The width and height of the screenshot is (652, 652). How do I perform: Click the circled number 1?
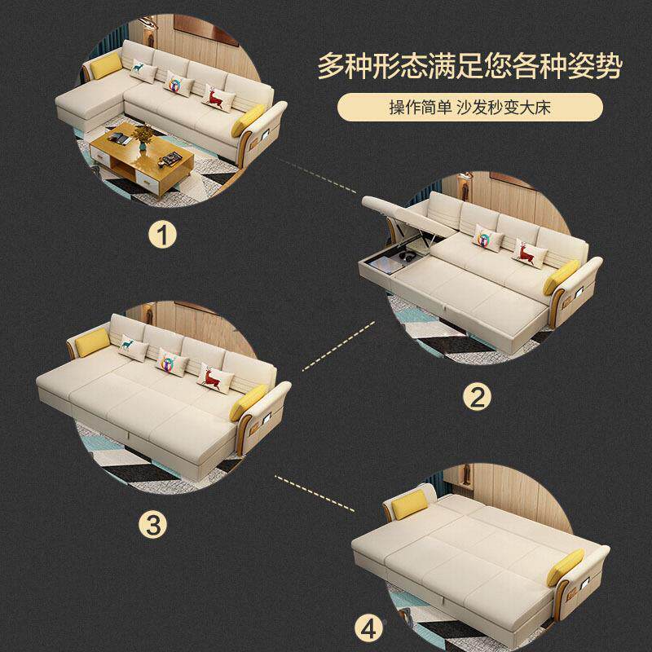[x=166, y=236]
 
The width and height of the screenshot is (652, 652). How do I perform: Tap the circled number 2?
[x=478, y=397]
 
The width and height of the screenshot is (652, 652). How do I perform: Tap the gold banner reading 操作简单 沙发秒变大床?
[x=470, y=108]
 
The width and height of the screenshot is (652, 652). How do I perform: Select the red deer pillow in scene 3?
[x=214, y=377]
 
